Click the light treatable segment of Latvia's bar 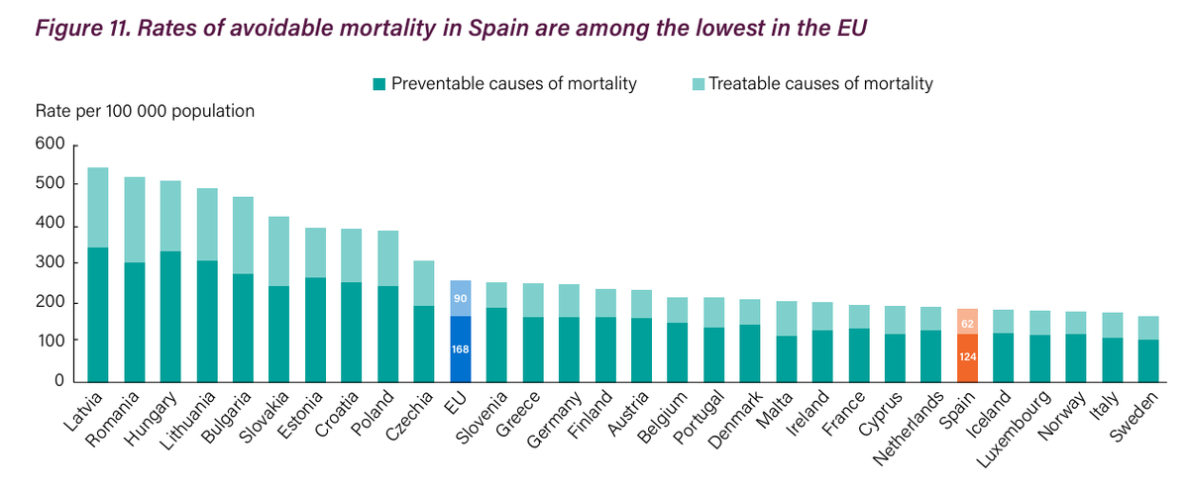[x=98, y=207]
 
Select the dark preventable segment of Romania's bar [x=135, y=322]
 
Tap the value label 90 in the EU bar [x=460, y=298]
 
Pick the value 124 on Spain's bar [x=967, y=356]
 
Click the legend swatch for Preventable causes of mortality [x=379, y=84]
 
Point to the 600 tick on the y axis [x=55, y=147]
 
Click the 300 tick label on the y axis [x=55, y=263]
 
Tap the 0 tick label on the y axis [x=59, y=380]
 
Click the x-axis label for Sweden [x=1135, y=417]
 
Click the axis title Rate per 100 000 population [x=146, y=111]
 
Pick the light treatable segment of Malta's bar [x=786, y=319]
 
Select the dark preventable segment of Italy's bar [x=1112, y=359]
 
